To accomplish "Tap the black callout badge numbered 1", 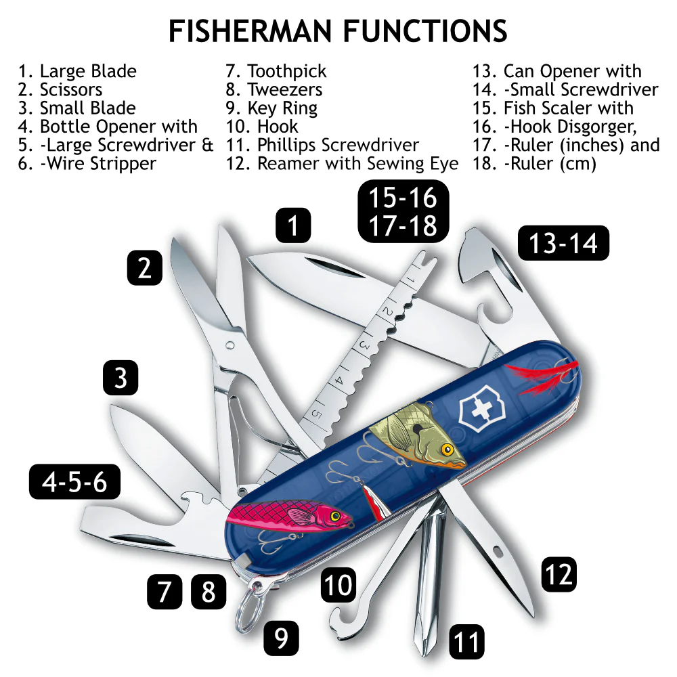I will (x=293, y=225).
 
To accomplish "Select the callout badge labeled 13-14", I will (x=563, y=243).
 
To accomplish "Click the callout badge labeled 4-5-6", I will (x=74, y=482).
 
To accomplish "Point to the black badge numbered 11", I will (x=466, y=641).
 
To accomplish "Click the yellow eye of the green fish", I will (x=446, y=449).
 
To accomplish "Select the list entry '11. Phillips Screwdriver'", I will (x=322, y=145).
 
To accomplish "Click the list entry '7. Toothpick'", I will (x=276, y=71).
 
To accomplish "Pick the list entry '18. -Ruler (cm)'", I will (x=534, y=163).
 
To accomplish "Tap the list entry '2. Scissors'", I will (x=60, y=89).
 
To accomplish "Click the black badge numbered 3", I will (x=121, y=378).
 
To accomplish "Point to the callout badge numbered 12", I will (x=559, y=574).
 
